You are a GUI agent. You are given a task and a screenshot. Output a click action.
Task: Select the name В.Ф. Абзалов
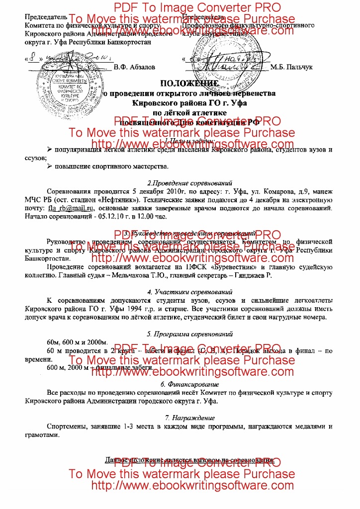point(134,67)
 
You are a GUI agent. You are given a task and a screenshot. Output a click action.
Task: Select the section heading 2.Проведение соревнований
point(190,183)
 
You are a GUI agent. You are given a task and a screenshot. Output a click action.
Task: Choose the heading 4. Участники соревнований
point(190,292)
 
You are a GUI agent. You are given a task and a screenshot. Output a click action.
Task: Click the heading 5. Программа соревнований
point(190,334)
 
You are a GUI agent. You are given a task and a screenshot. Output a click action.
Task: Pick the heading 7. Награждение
point(190,418)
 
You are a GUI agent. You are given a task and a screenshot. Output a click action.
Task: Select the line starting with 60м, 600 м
point(77,343)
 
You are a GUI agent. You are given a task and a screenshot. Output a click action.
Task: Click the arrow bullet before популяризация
point(49,149)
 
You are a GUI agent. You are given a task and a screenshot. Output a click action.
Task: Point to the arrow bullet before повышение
point(49,166)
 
